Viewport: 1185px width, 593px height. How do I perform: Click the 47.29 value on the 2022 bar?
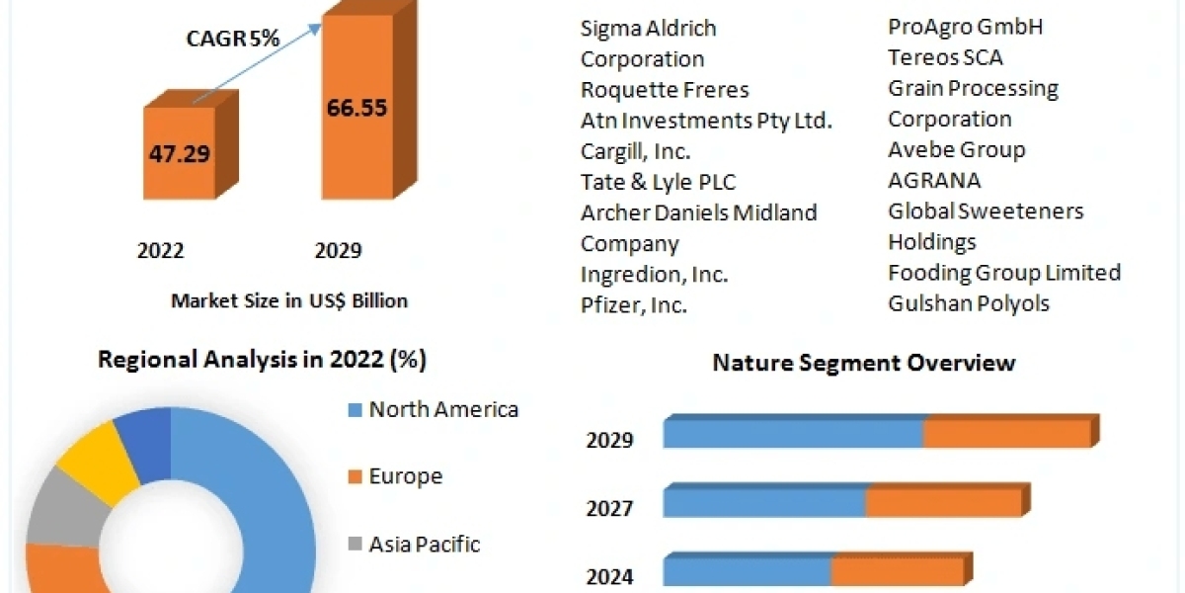(180, 154)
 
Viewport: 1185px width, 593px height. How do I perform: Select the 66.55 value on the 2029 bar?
(356, 108)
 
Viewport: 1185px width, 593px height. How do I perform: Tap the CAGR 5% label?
(233, 39)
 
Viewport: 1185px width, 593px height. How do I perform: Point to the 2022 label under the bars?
(160, 251)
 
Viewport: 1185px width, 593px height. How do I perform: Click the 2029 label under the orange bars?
(338, 251)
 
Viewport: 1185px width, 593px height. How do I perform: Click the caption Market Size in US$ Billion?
(288, 300)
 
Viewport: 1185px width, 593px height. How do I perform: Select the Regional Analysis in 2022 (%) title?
(262, 361)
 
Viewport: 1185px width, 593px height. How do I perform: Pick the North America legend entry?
(442, 409)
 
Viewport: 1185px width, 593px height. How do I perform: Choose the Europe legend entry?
(405, 476)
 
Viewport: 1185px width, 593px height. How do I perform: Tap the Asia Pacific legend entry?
(424, 544)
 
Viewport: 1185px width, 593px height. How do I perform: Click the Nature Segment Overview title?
(863, 363)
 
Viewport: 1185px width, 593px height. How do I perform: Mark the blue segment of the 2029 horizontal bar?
(793, 434)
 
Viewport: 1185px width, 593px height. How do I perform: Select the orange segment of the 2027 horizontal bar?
(942, 502)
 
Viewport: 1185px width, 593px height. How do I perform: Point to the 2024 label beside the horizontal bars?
(609, 576)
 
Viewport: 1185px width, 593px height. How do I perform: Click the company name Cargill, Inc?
(635, 151)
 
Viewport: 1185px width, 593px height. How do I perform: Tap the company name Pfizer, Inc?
(633, 305)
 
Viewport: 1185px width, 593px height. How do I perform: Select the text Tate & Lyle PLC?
(658, 182)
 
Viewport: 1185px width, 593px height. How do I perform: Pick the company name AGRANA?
(934, 180)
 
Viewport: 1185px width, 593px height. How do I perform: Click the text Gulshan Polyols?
(968, 303)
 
